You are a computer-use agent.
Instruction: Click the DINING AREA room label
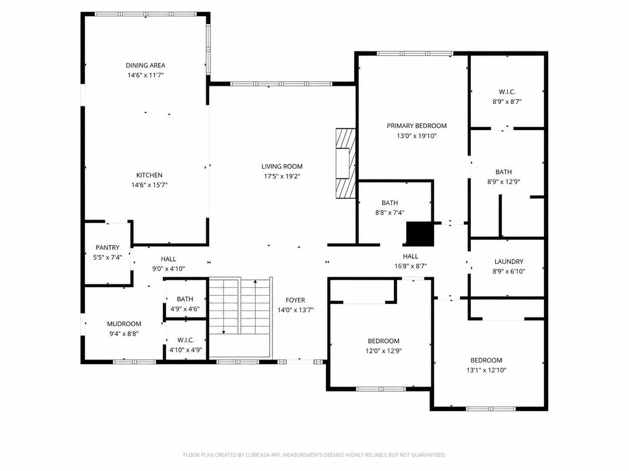pos(146,65)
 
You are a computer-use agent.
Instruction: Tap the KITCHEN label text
pos(149,175)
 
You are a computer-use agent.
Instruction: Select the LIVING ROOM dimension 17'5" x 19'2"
pos(282,176)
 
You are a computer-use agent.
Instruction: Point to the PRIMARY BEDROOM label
pos(417,126)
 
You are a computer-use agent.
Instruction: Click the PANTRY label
pos(107,247)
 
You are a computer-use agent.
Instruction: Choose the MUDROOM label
pos(124,324)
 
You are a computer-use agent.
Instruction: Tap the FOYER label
pos(295,300)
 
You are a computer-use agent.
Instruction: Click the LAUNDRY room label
pos(509,262)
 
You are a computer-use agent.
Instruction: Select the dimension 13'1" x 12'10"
pos(486,370)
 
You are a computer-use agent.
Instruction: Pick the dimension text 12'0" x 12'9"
pos(384,350)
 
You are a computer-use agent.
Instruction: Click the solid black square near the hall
pos(420,234)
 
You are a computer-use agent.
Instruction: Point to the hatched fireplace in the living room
pos(346,163)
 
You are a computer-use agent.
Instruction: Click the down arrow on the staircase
pos(224,306)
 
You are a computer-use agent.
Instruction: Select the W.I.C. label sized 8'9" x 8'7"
pos(507,92)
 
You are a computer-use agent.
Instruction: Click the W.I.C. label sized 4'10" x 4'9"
pos(185,340)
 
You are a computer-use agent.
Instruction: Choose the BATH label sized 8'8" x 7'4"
pos(390,203)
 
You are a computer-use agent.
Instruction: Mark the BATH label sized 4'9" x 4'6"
pos(185,299)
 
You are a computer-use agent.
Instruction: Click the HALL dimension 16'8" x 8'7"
pos(411,266)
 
